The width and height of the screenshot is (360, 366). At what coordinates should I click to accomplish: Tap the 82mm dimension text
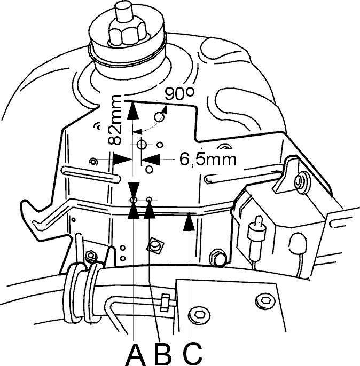[x=115, y=120]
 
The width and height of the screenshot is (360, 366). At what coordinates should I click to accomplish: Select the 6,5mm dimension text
[x=208, y=160]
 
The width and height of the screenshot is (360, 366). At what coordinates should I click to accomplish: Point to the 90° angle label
[x=179, y=93]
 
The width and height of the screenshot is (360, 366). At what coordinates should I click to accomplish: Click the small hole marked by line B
[x=150, y=200]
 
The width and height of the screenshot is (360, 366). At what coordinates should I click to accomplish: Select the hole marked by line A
[x=134, y=200]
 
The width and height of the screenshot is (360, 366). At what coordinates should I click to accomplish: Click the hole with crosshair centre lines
[x=142, y=145]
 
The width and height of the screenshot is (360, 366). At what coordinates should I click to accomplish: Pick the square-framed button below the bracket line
[x=155, y=246]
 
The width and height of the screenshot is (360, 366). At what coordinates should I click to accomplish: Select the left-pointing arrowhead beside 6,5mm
[x=151, y=160]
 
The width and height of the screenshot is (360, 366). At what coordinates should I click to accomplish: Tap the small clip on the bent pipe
[x=165, y=303]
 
